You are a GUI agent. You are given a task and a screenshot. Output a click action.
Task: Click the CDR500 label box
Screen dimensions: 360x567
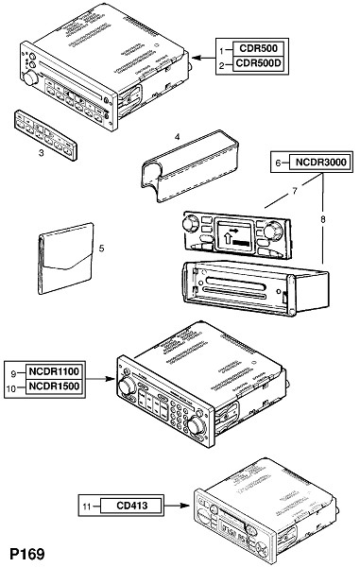258,48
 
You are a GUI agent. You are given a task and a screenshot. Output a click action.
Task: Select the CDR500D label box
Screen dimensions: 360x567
258,63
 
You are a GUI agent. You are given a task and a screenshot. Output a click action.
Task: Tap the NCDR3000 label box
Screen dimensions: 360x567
320,162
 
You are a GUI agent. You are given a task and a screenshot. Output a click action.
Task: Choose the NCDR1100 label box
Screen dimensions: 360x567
54,371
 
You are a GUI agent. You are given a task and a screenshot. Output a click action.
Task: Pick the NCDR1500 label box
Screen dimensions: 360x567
54,387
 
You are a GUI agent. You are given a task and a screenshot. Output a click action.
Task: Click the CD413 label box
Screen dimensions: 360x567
131,506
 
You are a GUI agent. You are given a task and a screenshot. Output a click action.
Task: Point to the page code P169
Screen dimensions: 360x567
27,554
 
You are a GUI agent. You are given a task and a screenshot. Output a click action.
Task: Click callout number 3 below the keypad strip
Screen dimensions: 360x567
42,153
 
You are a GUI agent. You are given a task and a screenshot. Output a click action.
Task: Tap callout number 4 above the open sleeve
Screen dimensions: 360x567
177,137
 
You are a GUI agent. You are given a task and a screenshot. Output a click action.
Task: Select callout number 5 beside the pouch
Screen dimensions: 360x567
101,249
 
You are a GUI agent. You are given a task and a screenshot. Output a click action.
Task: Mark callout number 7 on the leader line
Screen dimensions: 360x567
295,191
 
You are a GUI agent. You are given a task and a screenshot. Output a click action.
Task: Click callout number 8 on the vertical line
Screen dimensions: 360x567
323,219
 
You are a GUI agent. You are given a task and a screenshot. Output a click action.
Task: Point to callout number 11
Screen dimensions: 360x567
87,507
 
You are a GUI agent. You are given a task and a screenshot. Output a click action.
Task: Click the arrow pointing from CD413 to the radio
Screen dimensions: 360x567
177,506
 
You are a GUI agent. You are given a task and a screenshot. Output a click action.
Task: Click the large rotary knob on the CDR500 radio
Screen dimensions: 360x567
30,78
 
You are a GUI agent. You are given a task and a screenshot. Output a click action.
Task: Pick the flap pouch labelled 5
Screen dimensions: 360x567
65,259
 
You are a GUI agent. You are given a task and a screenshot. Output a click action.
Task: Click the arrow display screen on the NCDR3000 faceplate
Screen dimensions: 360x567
233,236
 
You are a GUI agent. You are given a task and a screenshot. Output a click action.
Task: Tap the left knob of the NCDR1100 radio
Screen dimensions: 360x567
127,387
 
